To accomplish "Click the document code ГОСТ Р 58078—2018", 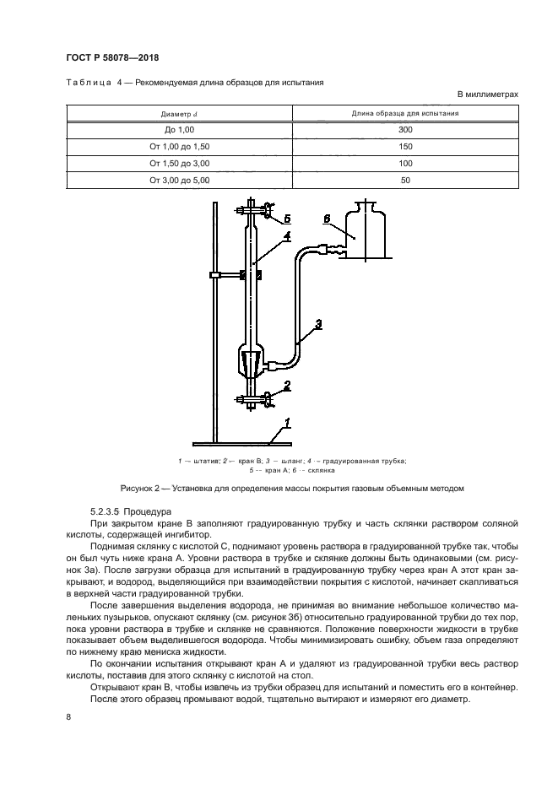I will [x=112, y=57].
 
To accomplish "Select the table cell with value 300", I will [x=405, y=130].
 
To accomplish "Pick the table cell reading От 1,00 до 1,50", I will [x=179, y=147].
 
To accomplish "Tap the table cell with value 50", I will [x=405, y=180].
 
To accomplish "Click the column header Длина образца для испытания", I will [x=405, y=113].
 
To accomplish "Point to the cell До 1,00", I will [x=179, y=130].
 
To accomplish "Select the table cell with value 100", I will [x=405, y=163].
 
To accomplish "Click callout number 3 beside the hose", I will [x=317, y=323].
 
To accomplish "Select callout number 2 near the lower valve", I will [x=288, y=386].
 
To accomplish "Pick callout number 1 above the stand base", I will [x=287, y=422].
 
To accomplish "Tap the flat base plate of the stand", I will [x=242, y=443].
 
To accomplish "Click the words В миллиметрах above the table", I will [x=487, y=95].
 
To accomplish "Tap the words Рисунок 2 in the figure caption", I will [x=142, y=488].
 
